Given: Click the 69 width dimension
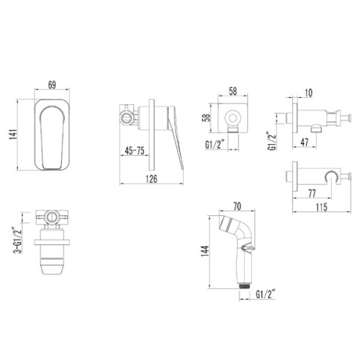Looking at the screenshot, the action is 52,85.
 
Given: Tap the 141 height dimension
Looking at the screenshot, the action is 13,135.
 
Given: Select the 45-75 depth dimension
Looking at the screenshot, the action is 135,151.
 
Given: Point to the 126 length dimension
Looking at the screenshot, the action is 152,179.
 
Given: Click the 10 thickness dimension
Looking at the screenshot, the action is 309,93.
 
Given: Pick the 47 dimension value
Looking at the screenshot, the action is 305,143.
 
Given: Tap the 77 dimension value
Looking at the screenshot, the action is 312,194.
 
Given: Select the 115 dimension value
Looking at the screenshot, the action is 322,207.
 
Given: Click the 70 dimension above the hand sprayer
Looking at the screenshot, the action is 237,207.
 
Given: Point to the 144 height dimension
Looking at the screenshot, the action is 205,251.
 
